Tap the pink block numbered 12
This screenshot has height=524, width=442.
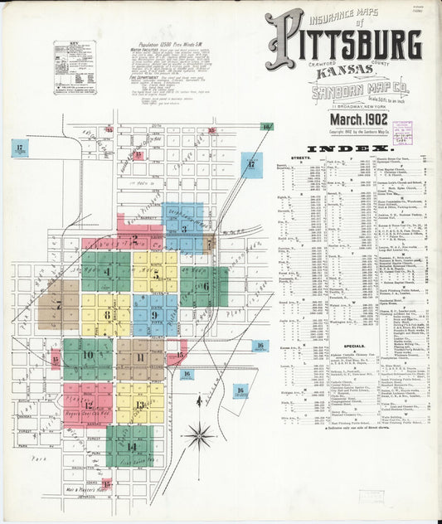click(x=88, y=404)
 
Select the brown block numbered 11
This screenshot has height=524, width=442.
click(x=139, y=358)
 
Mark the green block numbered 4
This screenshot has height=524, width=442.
click(x=106, y=272)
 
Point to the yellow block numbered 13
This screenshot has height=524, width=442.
click(x=139, y=404)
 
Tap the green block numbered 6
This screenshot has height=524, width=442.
click(x=205, y=286)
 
